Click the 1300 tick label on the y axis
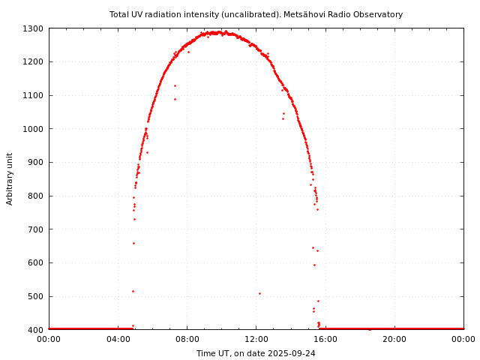tap(34, 28)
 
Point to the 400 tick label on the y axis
tap(36, 330)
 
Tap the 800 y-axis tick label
tap(36, 196)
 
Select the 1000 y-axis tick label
tap(34, 129)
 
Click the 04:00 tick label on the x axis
tap(118, 339)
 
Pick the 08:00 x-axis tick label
tap(187, 339)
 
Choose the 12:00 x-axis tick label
tap(256, 339)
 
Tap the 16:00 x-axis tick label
tap(325, 339)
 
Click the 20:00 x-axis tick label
tap(394, 339)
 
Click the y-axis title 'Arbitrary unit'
tap(10, 178)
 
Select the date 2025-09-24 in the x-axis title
tap(292, 353)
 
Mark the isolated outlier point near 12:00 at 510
tap(259, 293)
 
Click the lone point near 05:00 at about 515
tap(133, 291)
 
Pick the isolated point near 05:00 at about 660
tap(133, 243)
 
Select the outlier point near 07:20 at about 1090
tap(175, 99)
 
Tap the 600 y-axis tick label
tap(36, 262)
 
